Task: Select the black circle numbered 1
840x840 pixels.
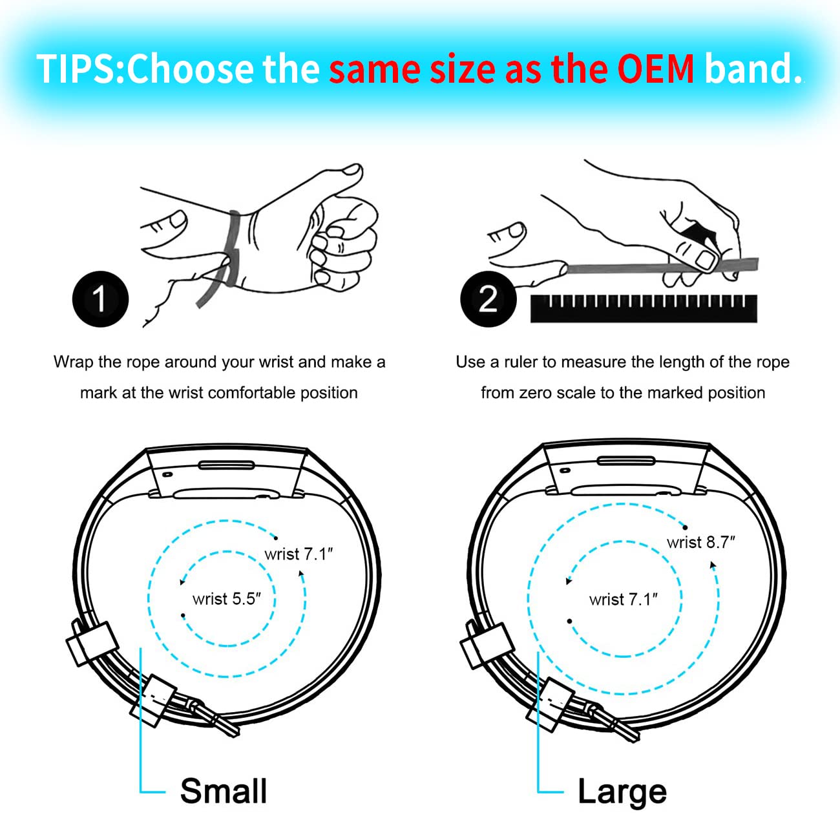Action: [100, 299]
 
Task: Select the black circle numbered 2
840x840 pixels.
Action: [488, 299]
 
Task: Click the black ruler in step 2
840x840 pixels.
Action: [644, 309]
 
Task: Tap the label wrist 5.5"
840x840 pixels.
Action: [226, 599]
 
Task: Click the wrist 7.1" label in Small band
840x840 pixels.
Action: [298, 554]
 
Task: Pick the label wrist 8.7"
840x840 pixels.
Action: [700, 542]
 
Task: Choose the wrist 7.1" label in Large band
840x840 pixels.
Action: [623, 600]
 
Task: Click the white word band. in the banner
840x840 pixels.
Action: [753, 69]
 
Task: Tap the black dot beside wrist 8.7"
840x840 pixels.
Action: [685, 527]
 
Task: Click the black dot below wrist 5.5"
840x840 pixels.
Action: [183, 616]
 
